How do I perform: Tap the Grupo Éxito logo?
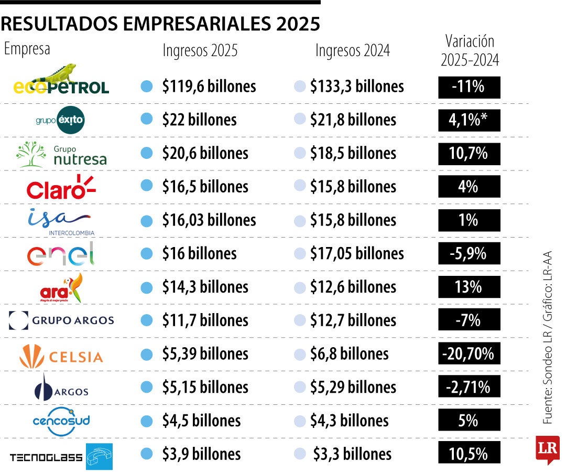point(60,120)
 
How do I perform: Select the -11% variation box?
point(469,87)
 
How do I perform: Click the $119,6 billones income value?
point(209,87)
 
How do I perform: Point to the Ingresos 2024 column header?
point(352,50)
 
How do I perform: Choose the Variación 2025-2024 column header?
point(470,50)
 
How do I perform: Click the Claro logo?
point(61,187)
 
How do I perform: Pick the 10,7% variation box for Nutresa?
point(469,154)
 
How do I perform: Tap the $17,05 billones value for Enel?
point(356,254)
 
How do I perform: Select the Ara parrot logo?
point(62,287)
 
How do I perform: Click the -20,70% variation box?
point(469,354)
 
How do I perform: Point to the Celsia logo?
point(61,357)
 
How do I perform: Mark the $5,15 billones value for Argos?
point(204,388)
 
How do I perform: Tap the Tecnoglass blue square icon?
point(99,456)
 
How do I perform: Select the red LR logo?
point(547,449)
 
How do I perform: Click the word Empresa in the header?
point(27,49)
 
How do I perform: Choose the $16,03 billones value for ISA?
point(209,220)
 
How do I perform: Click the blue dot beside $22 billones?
point(147,120)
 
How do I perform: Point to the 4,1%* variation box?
point(469,120)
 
